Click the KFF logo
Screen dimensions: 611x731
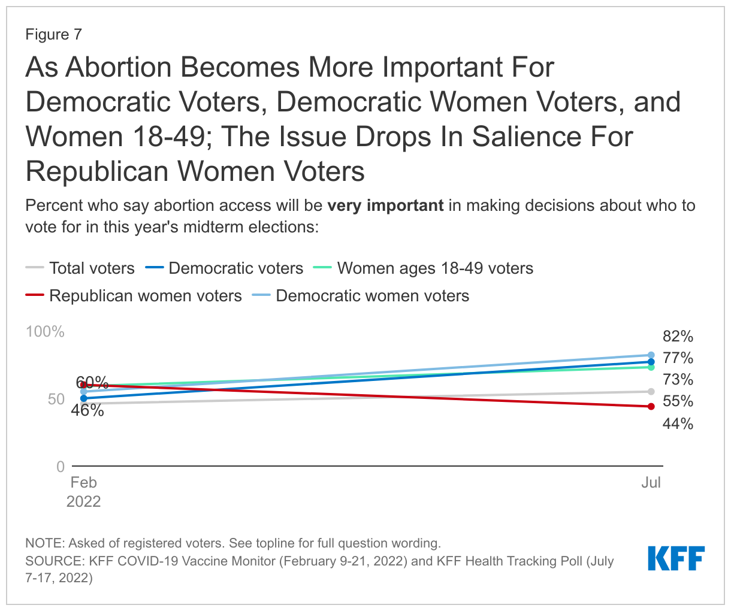(676, 558)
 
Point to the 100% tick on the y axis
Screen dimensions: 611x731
(45, 331)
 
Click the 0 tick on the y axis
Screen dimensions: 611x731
(60, 466)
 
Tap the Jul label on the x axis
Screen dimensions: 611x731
(651, 482)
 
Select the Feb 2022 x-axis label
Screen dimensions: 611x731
(83, 492)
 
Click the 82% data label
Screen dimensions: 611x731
(678, 336)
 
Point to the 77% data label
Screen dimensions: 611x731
(678, 358)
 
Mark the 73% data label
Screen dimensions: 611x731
(678, 379)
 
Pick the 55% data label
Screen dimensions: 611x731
(678, 401)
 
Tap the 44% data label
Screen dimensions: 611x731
(678, 424)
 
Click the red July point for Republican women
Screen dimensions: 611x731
(651, 407)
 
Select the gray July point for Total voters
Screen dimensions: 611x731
(651, 392)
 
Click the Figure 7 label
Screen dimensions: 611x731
(53, 34)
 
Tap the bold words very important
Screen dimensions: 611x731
(385, 205)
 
